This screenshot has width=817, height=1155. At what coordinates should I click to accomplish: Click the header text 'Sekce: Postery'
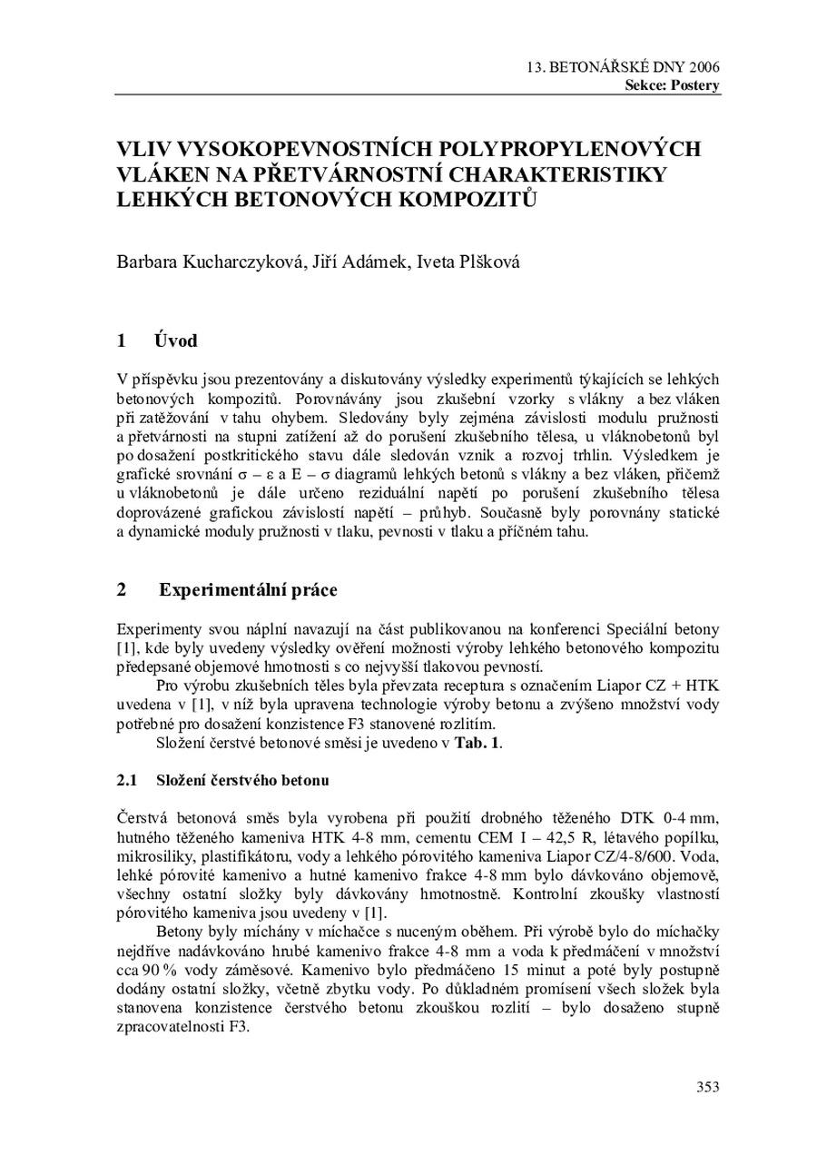click(x=672, y=85)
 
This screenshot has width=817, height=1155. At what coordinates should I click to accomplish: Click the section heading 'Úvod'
click(x=176, y=342)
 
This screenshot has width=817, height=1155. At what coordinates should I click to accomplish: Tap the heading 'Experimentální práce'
click(x=248, y=590)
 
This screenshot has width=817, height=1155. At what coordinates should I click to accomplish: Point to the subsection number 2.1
click(x=126, y=780)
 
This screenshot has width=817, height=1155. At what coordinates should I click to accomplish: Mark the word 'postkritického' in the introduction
click(x=251, y=439)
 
